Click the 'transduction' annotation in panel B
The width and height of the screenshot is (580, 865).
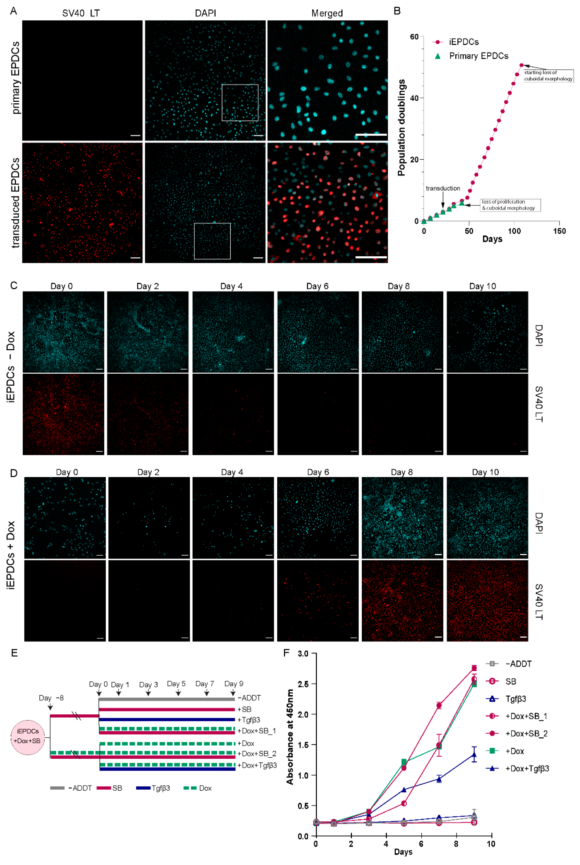443,188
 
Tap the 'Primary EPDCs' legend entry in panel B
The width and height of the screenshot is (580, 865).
478,56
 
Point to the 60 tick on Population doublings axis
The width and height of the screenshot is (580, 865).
414,37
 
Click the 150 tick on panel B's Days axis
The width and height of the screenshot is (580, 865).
559,231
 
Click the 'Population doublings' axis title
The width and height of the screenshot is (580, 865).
401,128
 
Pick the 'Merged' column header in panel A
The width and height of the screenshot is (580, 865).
327,13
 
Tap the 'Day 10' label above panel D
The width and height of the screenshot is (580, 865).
485,472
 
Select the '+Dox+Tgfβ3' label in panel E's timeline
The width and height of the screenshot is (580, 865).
257,765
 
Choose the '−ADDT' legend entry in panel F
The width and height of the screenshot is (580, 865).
518,664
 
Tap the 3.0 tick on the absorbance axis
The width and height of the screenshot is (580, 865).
303,654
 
